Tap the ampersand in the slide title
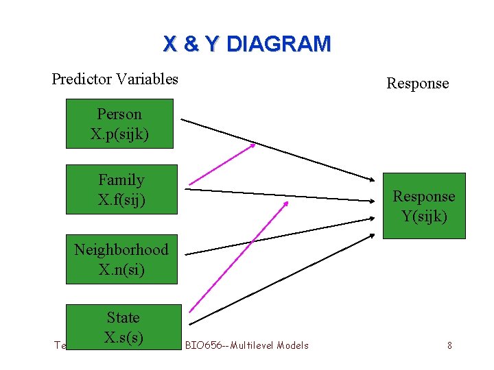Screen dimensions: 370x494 pyautogui.click(x=191, y=45)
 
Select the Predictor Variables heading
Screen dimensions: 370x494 pyautogui.click(x=115, y=79)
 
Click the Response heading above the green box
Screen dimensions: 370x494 pyautogui.click(x=417, y=84)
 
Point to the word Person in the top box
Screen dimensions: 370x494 pyautogui.click(x=119, y=114)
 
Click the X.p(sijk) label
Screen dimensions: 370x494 pyautogui.click(x=119, y=134)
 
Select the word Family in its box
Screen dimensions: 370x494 pyautogui.click(x=121, y=180)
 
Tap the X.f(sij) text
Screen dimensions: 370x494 pyautogui.click(x=121, y=200)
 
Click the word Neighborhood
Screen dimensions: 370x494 pyautogui.click(x=121, y=249)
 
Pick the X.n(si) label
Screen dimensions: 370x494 pyautogui.click(x=121, y=269)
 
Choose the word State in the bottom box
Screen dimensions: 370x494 pyautogui.click(x=123, y=317)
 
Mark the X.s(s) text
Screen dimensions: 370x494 pyautogui.click(x=123, y=337)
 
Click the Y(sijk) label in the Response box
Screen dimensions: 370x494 pyautogui.click(x=423, y=217)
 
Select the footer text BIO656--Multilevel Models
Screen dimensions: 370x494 pyautogui.click(x=247, y=345)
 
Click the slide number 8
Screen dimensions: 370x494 pyautogui.click(x=449, y=345)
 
